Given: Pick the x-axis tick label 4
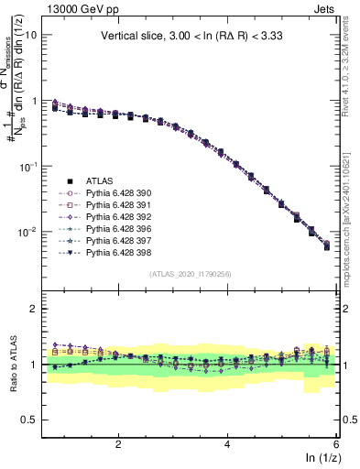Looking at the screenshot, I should [x=226, y=444].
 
